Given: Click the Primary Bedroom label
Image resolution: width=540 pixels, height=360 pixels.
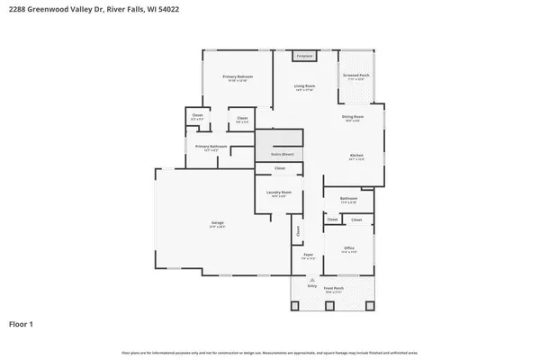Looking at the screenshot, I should click(238, 77).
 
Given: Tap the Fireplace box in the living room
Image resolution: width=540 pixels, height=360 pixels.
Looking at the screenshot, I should click(305, 56).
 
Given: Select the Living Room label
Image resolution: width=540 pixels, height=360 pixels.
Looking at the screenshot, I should click(304, 86).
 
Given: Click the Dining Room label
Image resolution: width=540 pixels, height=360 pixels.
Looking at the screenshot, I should click(353, 117).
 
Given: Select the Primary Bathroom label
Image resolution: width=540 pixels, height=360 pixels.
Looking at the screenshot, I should click(211, 147).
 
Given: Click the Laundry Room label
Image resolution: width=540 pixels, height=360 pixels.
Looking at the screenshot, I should click(279, 192).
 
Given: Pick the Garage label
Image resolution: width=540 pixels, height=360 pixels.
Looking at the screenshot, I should click(217, 222).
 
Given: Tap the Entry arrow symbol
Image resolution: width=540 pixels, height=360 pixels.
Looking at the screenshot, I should click(312, 280).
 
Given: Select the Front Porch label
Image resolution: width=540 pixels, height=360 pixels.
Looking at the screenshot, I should click(333, 289).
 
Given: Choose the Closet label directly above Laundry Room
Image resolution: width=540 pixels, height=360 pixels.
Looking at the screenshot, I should click(280, 168).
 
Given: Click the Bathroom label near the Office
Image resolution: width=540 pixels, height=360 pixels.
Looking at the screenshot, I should click(348, 198).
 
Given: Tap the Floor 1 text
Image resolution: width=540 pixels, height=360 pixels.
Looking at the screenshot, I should click(22, 323).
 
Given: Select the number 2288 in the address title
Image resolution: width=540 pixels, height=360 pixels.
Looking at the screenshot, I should click(21, 11).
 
